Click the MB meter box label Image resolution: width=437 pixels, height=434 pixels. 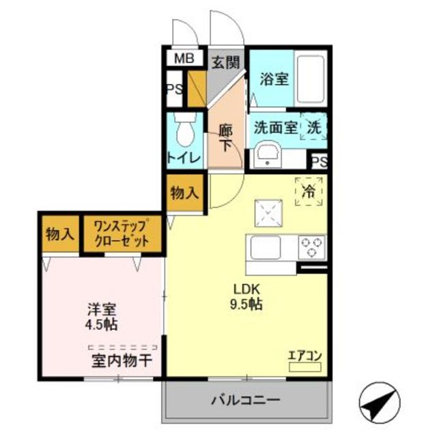[182, 59]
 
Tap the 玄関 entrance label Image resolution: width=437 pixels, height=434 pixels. [225, 63]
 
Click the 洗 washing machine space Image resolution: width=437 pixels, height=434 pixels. [313, 126]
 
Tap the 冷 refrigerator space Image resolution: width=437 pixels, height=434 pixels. [309, 191]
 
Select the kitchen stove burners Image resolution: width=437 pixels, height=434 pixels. [312, 246]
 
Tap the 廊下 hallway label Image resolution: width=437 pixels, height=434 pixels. [226, 136]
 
